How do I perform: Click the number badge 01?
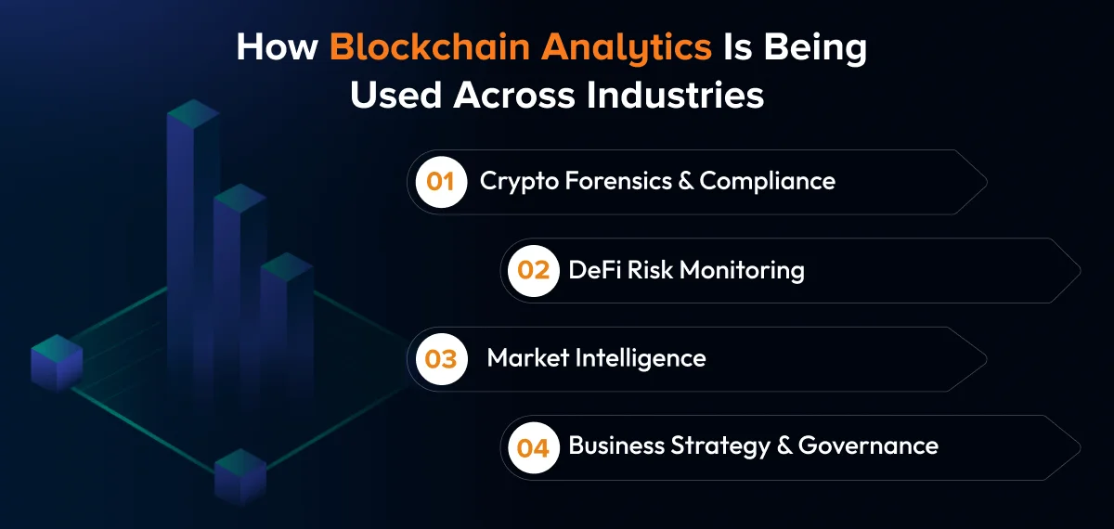pyautogui.click(x=440, y=181)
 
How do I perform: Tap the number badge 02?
pyautogui.click(x=534, y=270)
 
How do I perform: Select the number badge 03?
pyautogui.click(x=441, y=358)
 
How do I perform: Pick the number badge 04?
pyautogui.click(x=534, y=447)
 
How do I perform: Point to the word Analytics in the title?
pyautogui.click(x=623, y=48)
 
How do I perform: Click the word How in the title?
pyautogui.click(x=277, y=48)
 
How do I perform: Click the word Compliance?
pyautogui.click(x=768, y=181)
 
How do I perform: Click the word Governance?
pyautogui.click(x=868, y=446)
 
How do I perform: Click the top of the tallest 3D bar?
pyautogui.click(x=192, y=113)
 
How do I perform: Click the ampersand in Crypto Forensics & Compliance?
pyautogui.click(x=686, y=181)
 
